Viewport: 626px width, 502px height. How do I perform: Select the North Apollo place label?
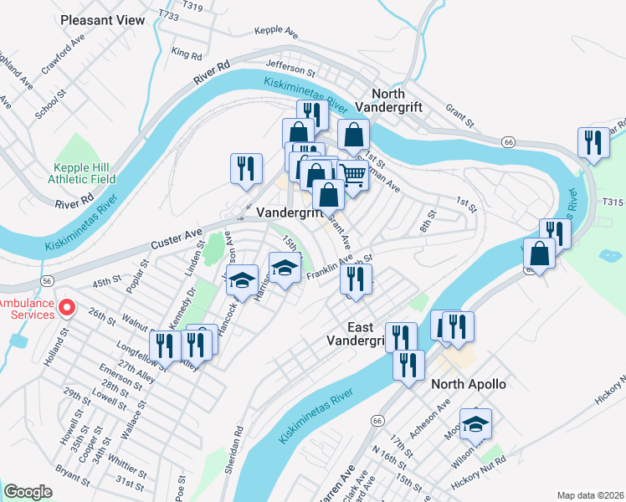coord(469,384)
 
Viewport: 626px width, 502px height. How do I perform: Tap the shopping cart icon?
coord(353,176)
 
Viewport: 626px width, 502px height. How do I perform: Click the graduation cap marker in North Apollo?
coord(475,424)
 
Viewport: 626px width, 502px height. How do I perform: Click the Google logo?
coord(28,492)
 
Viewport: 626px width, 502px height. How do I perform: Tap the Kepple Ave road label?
coord(277,32)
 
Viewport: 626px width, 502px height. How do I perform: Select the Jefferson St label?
coord(289,63)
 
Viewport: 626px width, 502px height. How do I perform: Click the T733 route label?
coord(168,15)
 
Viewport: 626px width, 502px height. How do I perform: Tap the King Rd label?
coord(186,53)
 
